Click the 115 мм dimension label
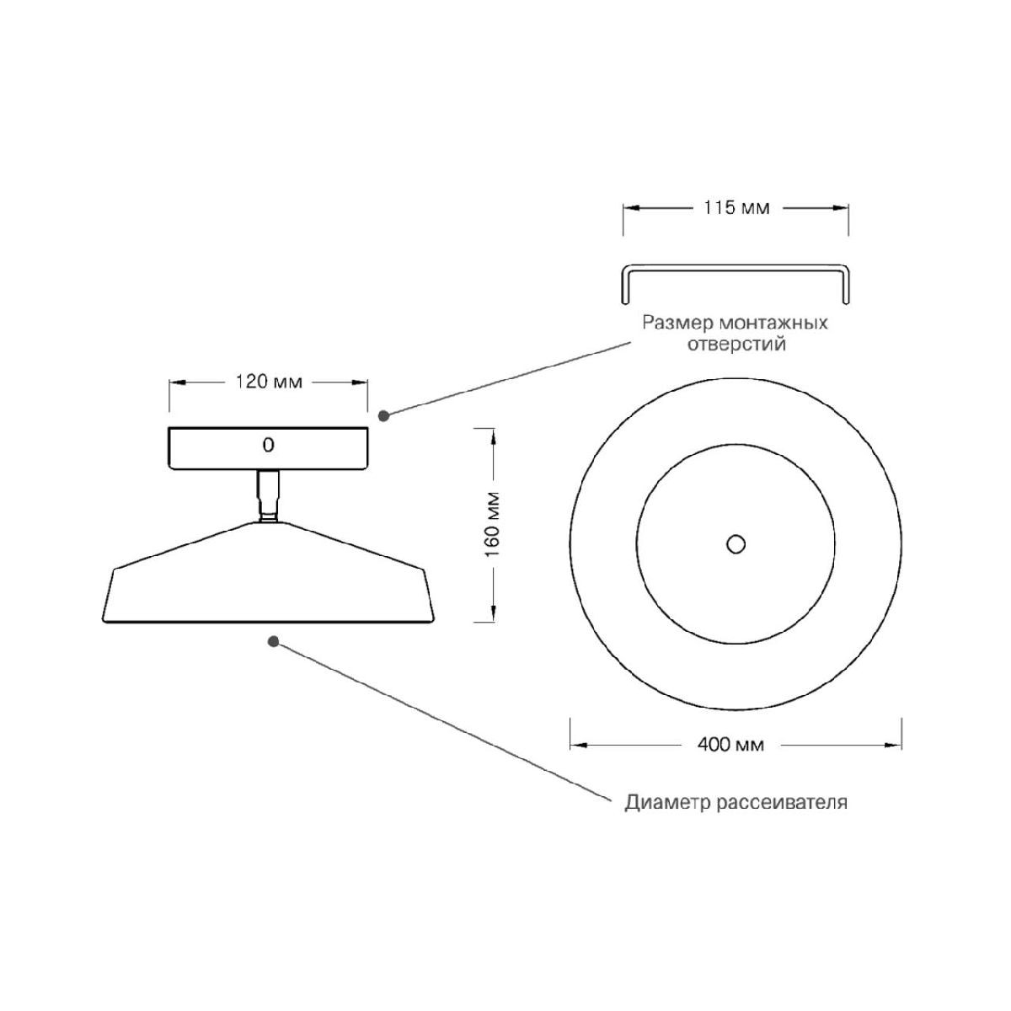tap(736, 208)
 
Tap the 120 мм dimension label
tap(269, 382)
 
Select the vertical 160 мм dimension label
tap(493, 525)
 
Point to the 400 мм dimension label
tap(730, 744)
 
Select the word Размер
tap(678, 324)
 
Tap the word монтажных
tap(773, 322)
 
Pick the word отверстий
tap(736, 345)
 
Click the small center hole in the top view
tap(736, 544)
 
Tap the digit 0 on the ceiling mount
tap(268, 445)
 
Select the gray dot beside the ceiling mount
tap(383, 415)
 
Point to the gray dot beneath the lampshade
tap(273, 641)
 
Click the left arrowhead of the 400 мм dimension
tap(578, 745)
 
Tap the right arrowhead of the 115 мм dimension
tap(841, 208)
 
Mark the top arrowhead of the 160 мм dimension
tap(493, 436)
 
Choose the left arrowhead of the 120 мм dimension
tap(177, 382)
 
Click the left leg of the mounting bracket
tap(625, 286)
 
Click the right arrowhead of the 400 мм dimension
tap(894, 745)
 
